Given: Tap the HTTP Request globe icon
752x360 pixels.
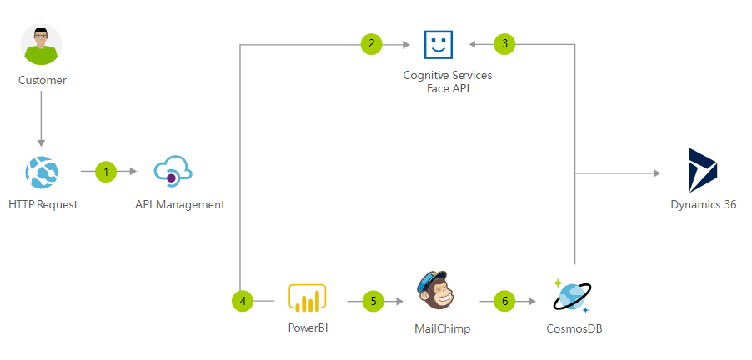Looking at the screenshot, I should click(42, 172).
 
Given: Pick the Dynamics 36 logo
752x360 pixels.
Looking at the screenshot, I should click(703, 170).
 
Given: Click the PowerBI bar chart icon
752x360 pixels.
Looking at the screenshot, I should click(307, 298).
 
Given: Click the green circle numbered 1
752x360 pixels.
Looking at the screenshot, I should click(106, 172).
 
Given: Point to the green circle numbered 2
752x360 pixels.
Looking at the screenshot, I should click(372, 43).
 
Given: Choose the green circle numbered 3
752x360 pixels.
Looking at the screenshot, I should click(504, 43).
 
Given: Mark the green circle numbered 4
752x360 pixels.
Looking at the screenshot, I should click(243, 301).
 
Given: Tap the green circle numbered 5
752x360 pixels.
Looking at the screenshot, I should click(373, 301).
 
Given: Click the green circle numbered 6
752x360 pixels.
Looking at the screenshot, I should click(504, 301).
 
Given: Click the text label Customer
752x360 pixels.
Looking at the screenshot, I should click(42, 81).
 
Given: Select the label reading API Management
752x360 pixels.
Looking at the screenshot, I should click(179, 204).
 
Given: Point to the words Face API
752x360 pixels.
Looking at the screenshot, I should click(448, 88).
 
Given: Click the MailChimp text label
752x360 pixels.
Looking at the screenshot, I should click(442, 328).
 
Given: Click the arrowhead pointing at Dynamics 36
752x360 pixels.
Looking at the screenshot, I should click(657, 173).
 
